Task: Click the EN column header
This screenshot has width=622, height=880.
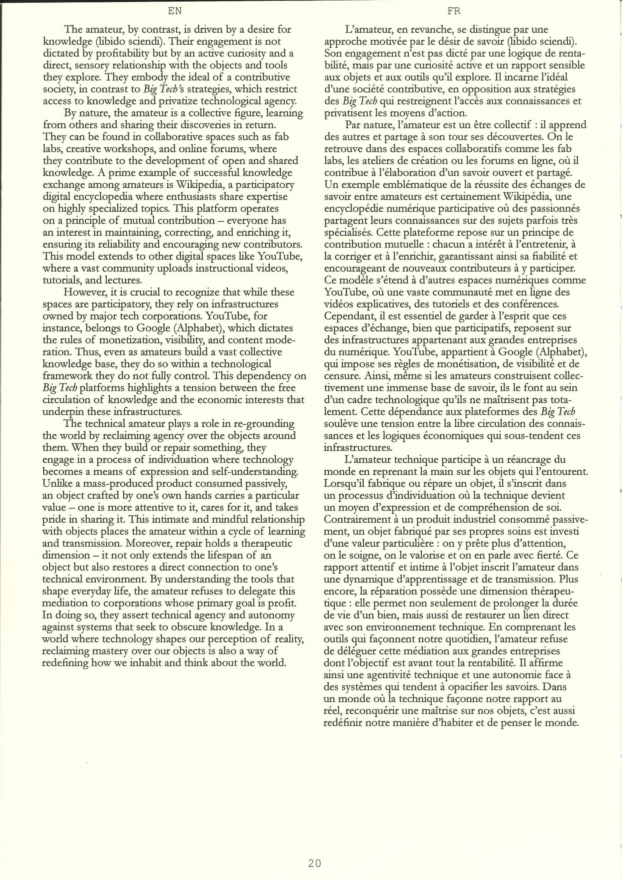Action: [x=175, y=12]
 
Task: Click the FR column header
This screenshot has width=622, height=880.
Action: [x=454, y=12]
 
